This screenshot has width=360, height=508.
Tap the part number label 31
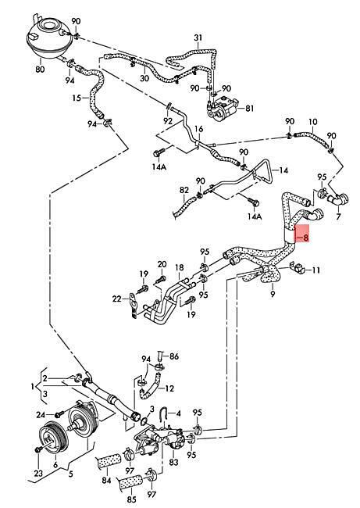198,38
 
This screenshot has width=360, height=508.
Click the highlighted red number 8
305,237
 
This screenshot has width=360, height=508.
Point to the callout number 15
77,97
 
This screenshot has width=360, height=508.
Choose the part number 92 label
168,121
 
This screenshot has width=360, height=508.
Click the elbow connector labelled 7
337,199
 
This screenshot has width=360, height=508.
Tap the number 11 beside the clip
315,270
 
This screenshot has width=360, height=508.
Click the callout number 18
180,267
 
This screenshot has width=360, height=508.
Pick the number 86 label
174,356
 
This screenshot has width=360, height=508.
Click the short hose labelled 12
150,387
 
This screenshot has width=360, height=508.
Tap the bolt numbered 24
59,414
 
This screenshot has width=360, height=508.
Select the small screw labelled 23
38,449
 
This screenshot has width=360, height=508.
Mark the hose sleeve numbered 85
130,481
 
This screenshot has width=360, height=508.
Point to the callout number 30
144,78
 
